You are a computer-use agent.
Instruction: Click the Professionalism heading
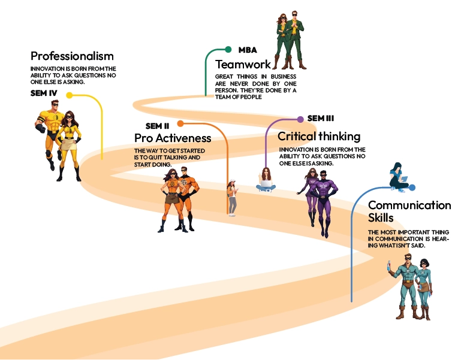[x=72, y=56]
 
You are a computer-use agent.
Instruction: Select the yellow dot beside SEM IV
[x=70, y=95]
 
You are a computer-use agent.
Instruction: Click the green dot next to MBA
[x=228, y=50]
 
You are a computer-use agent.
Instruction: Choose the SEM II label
[x=159, y=126]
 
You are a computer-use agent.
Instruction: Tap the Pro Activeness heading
[x=173, y=138]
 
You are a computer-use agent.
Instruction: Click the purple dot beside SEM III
[x=300, y=119]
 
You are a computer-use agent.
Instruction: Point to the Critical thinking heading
[x=319, y=137]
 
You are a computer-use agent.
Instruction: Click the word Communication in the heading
[x=409, y=205]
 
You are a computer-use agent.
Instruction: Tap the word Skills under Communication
[x=382, y=218]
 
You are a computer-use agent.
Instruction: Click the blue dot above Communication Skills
[x=411, y=187]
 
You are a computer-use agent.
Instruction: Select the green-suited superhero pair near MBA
[x=290, y=40]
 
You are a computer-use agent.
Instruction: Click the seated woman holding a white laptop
[x=266, y=179]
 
